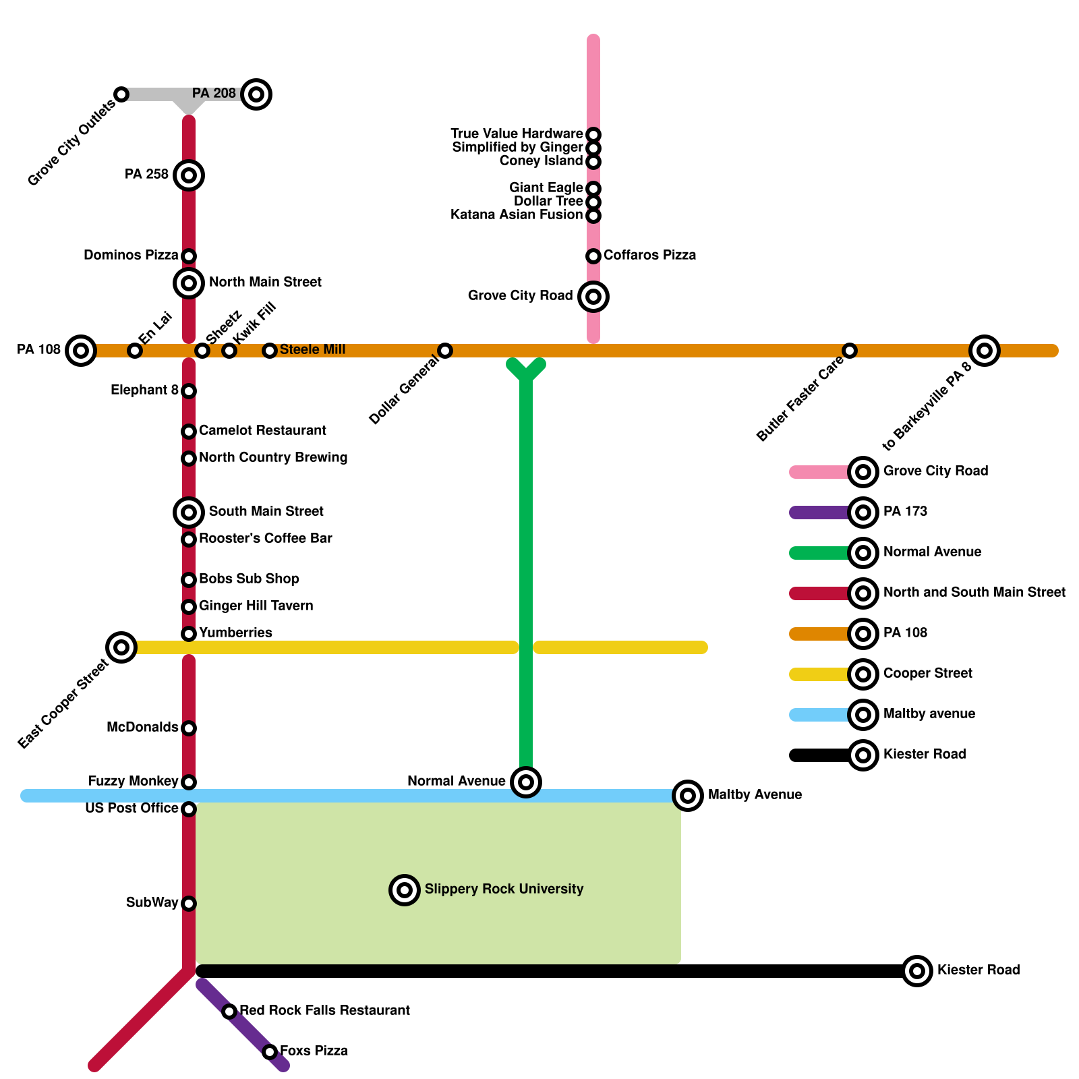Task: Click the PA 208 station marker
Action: coord(256,94)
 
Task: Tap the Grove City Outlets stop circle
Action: coord(121,94)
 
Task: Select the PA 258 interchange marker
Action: coord(189,175)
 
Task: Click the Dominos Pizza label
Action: coord(131,256)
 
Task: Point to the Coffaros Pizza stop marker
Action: coord(593,256)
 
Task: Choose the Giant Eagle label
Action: coord(546,187)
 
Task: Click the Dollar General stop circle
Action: coord(445,351)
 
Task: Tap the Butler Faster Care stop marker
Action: coord(850,351)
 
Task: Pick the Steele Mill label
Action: coord(312,349)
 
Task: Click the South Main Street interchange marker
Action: coord(189,513)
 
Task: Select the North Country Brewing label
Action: coord(273,457)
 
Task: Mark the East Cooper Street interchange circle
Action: coord(121,647)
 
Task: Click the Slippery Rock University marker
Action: coord(405,890)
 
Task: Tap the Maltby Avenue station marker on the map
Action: coord(688,796)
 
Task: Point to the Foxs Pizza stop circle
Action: coord(270,1052)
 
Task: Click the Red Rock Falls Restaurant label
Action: coord(324,1010)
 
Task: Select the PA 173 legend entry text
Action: coord(905,511)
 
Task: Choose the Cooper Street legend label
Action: coord(928,673)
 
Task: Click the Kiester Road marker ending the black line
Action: coord(917,971)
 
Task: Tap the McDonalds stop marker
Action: coord(189,728)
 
